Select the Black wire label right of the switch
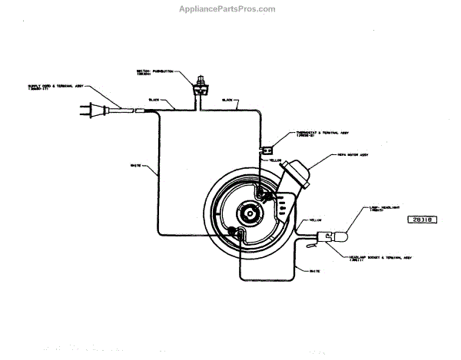[227, 101]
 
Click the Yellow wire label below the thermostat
[285, 160]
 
